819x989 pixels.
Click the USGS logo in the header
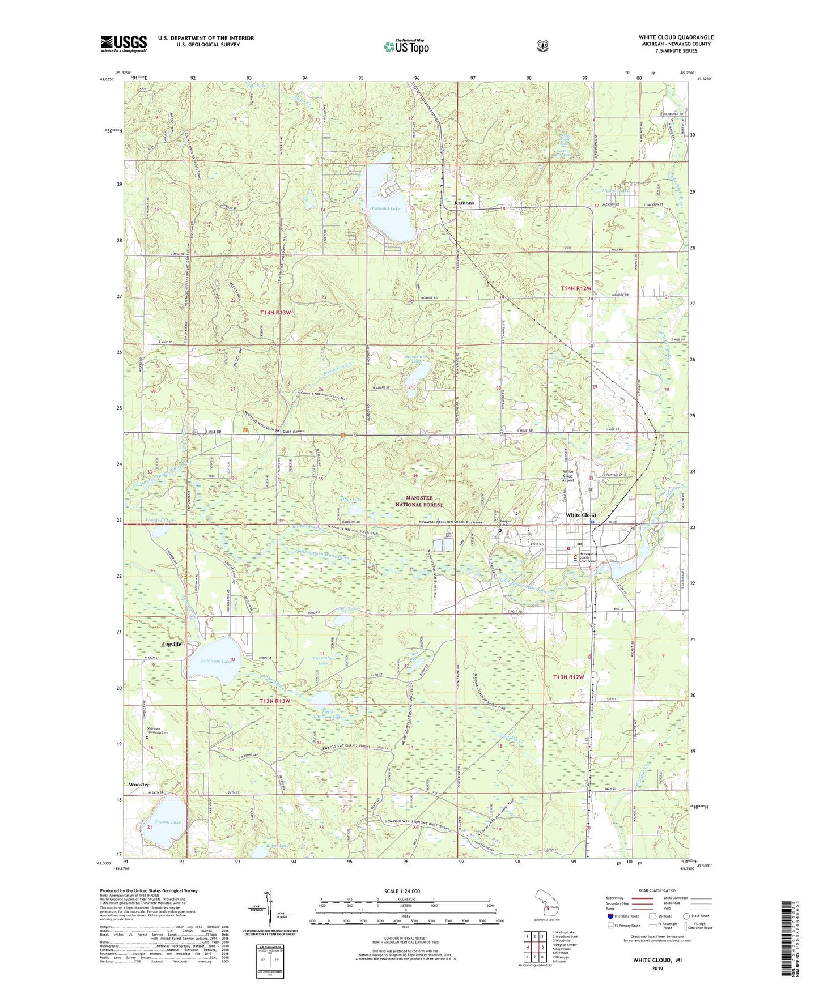(x=124, y=44)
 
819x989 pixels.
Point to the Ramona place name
(x=464, y=203)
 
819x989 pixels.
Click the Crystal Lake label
(x=168, y=822)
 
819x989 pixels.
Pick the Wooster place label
(x=139, y=785)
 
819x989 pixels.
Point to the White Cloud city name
(x=581, y=515)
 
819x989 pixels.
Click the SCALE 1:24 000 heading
(x=405, y=892)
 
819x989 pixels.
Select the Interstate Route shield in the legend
(x=610, y=916)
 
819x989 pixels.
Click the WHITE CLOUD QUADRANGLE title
(x=676, y=37)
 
